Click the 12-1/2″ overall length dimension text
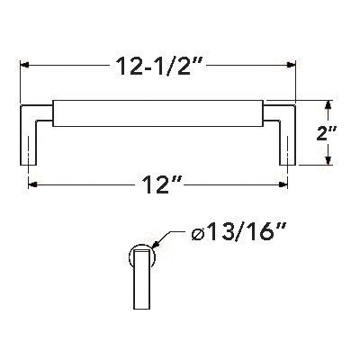pos(158,65)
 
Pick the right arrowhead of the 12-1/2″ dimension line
pos(291,66)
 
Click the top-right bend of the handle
pos(287,109)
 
